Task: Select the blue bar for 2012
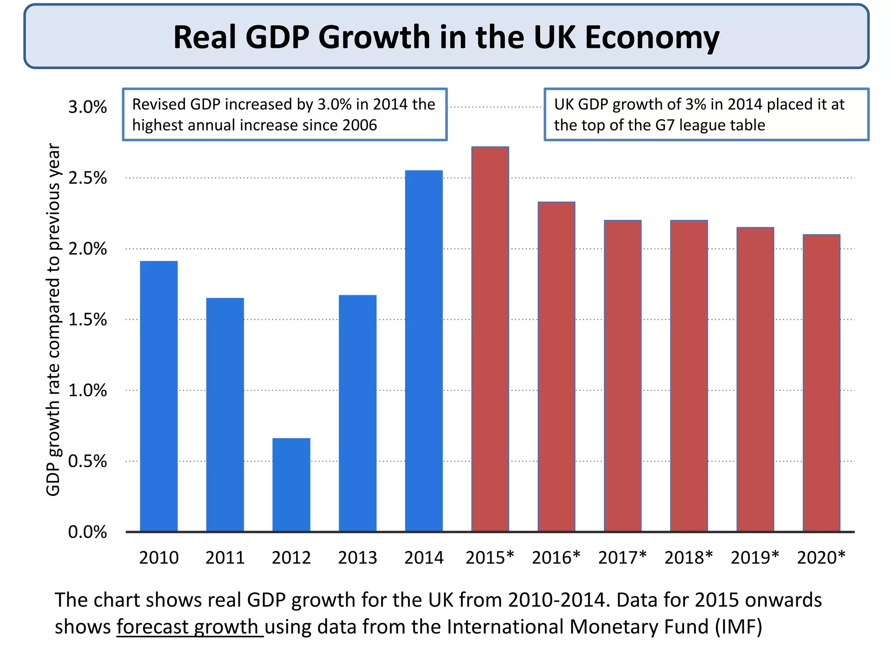tap(291, 485)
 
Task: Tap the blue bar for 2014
tap(424, 351)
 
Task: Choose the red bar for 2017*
tap(623, 376)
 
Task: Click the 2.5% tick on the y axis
tap(87, 178)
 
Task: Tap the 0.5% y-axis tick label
tap(87, 461)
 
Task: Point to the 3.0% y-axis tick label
tap(87, 107)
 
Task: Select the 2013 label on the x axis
tap(358, 557)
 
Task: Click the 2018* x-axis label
tap(688, 557)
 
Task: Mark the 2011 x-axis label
tap(225, 557)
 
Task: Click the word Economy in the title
tap(651, 38)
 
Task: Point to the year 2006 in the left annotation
tap(359, 125)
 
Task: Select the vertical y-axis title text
tap(53, 319)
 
